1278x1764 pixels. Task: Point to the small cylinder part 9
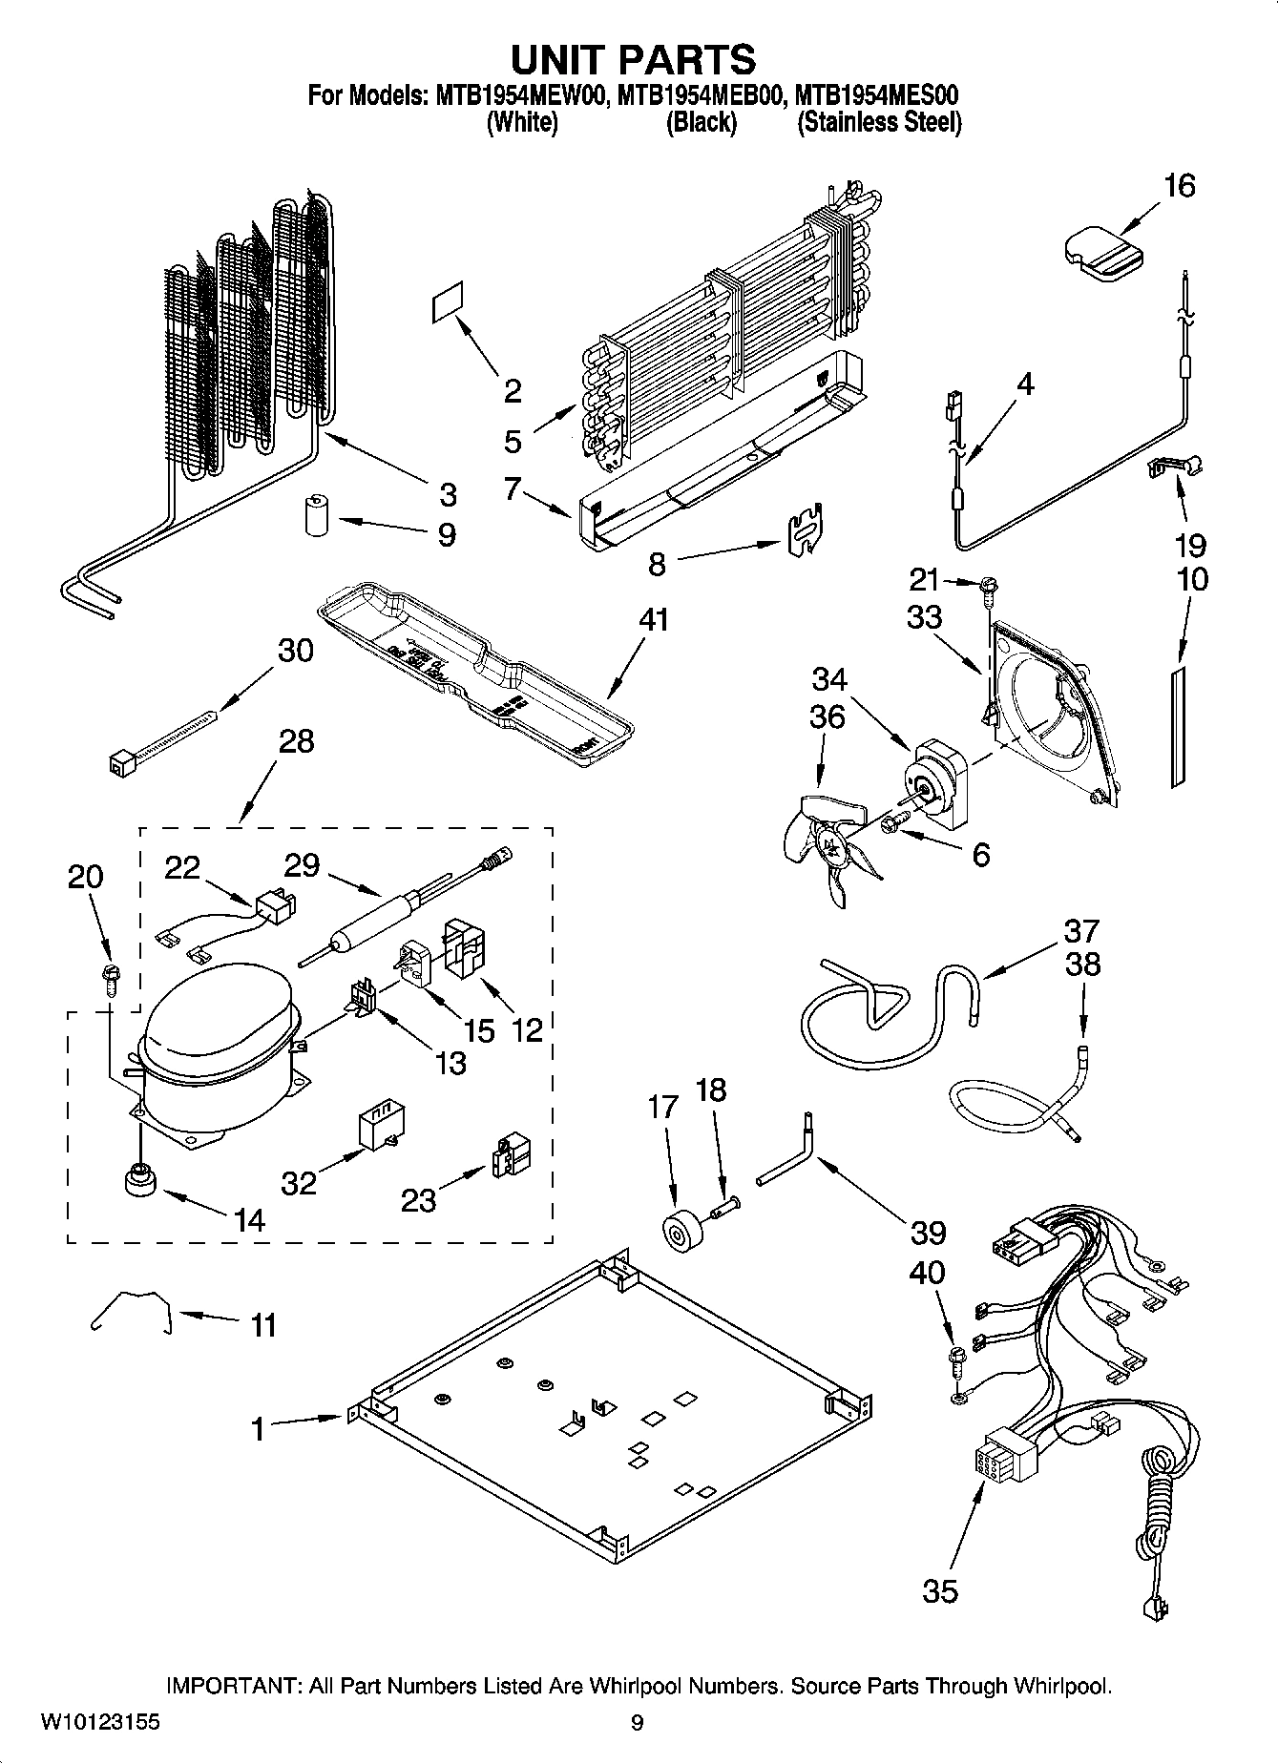[x=315, y=516]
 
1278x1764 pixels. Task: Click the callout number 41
[x=654, y=621]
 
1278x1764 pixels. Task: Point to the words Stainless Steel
[x=879, y=123]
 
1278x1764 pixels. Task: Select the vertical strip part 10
[x=1177, y=727]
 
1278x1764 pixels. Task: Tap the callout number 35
[x=939, y=1590]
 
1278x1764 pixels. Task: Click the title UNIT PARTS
[x=633, y=59]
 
